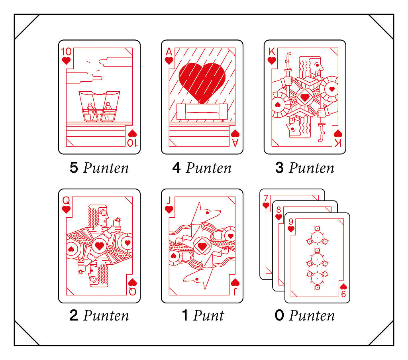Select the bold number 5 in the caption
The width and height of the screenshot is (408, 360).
74,167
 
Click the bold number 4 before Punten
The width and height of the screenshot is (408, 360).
177,167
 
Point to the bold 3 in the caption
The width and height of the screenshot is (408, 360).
279,167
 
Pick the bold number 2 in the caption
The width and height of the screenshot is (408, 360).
74,315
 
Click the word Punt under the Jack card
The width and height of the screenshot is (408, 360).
208,315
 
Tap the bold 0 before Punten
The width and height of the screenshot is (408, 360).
279,315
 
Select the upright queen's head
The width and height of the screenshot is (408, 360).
98,216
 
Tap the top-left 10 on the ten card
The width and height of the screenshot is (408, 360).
66,51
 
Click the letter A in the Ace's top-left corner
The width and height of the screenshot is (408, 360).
169,51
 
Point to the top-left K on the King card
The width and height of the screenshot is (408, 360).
272,51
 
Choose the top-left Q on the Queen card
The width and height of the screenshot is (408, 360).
66,201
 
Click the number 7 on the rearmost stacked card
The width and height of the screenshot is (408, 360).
266,199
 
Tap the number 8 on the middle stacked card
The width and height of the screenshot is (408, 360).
279,210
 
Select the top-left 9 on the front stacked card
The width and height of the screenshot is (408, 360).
291,222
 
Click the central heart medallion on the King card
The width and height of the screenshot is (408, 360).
305,97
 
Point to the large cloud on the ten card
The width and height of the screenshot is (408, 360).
116,62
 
